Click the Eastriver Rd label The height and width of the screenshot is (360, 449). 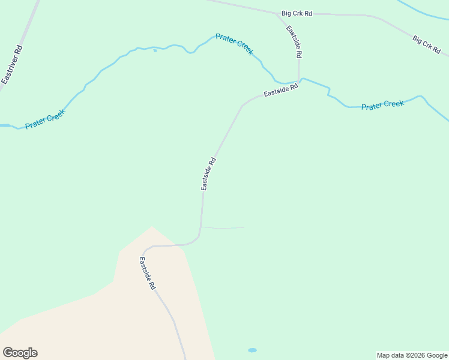(x=13, y=65)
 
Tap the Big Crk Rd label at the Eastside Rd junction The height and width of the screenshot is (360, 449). (x=297, y=13)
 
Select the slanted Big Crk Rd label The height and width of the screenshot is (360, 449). (x=426, y=46)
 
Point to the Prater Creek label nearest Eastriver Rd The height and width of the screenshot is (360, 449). (x=45, y=119)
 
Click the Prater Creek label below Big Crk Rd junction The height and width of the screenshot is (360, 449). (x=234, y=44)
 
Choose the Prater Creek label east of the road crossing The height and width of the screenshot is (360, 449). (x=382, y=105)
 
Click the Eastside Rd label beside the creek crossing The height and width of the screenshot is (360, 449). (x=280, y=91)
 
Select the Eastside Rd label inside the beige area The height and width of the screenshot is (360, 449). (x=148, y=274)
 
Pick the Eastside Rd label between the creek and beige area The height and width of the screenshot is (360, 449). (x=208, y=174)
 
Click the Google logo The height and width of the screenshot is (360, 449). (x=20, y=353)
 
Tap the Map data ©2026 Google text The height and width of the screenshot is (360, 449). (x=412, y=355)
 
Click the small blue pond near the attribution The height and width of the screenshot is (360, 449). (x=252, y=350)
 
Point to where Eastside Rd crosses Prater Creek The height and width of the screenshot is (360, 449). (x=300, y=80)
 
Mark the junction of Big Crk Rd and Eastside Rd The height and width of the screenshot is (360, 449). (x=277, y=13)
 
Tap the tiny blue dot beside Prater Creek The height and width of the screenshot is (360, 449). (x=155, y=51)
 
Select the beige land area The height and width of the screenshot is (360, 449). (x=120, y=312)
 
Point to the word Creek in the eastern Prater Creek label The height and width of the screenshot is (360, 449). (x=394, y=104)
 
